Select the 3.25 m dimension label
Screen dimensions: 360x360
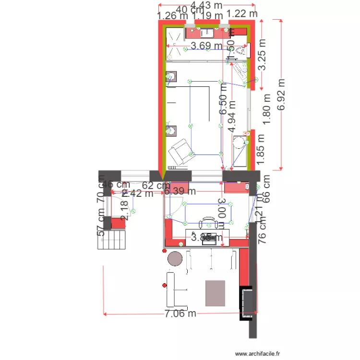(x=262, y=54)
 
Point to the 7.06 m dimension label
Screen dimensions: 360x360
(x=180, y=314)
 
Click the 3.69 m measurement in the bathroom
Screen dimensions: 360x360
(x=206, y=46)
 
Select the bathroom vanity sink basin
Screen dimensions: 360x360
(x=209, y=33)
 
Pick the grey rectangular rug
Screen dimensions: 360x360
(x=215, y=293)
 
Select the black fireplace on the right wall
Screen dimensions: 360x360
(x=247, y=302)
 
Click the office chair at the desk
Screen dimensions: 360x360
(x=208, y=223)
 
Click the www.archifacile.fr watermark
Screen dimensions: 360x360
(x=257, y=354)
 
